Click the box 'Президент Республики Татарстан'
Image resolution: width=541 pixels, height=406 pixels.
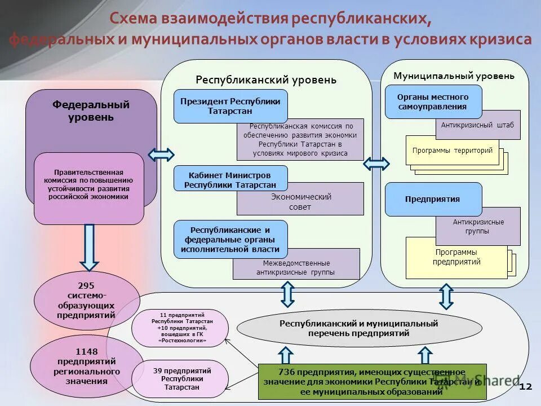(230, 106)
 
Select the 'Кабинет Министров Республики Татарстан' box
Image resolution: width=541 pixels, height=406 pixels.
(230, 179)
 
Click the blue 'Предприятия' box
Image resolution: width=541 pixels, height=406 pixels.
(433, 199)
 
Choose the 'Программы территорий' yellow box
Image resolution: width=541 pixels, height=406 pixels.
(452, 151)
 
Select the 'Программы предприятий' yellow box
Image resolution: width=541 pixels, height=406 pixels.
(456, 258)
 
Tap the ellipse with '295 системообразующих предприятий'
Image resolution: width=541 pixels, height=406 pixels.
(87, 300)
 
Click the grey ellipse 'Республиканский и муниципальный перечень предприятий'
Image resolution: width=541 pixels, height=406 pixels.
(359, 329)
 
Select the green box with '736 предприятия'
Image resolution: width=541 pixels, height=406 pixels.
(372, 382)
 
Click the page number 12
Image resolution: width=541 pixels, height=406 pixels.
(525, 387)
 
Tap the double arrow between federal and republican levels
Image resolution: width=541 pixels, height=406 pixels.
(161, 155)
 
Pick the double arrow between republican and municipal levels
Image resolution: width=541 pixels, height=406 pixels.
(376, 164)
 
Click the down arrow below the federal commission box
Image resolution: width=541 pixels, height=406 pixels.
(88, 246)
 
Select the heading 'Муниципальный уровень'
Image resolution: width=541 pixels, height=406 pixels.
(454, 76)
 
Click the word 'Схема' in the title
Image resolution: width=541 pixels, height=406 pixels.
(135, 19)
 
